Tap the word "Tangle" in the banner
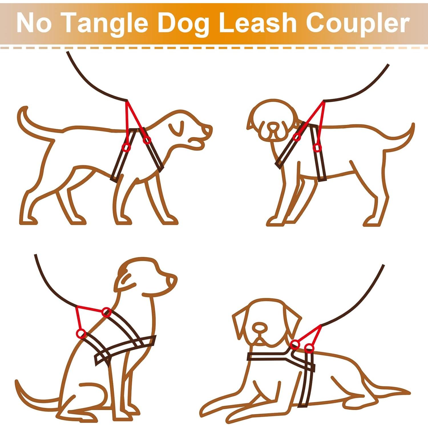click(x=104, y=24)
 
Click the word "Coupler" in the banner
click(x=358, y=24)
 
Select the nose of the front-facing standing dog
click(x=273, y=126)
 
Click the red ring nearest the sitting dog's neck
click(x=106, y=312)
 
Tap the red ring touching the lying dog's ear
click(x=295, y=345)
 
